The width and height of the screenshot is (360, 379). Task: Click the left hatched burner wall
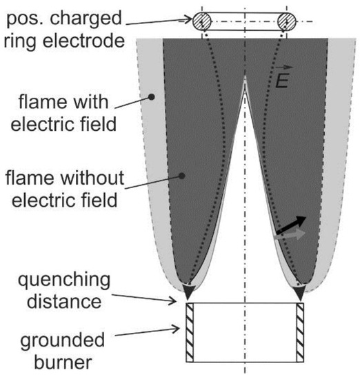[x=191, y=332]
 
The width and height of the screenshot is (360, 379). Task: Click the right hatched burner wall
[x=300, y=332]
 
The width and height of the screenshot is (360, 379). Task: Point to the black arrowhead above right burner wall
[x=300, y=294]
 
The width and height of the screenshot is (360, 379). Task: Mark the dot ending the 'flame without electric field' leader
[x=180, y=176]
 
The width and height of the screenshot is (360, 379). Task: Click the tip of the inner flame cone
[x=246, y=78]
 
